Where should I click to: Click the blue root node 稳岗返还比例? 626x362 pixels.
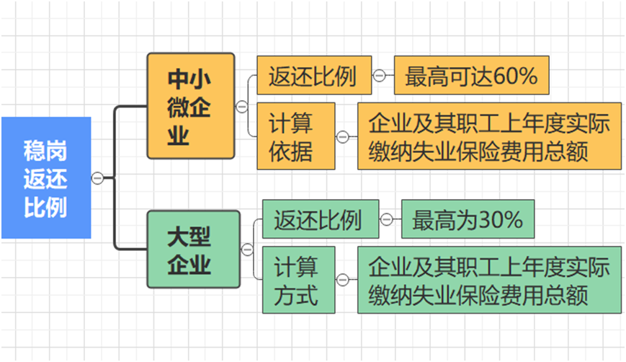[x=45, y=177]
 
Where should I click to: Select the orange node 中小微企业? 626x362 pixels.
[x=191, y=106]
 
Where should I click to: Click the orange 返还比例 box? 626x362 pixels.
[x=314, y=76]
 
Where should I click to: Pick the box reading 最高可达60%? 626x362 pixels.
[x=471, y=76]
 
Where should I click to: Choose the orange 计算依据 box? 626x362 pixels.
[x=292, y=136]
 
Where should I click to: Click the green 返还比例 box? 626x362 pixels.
[x=320, y=219]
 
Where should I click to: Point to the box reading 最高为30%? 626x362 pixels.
[x=468, y=219]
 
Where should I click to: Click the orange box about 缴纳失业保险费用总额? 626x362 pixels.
[x=489, y=136]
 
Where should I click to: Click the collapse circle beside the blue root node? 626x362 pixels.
[x=98, y=177]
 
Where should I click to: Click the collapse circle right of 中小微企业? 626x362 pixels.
[x=241, y=106]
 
